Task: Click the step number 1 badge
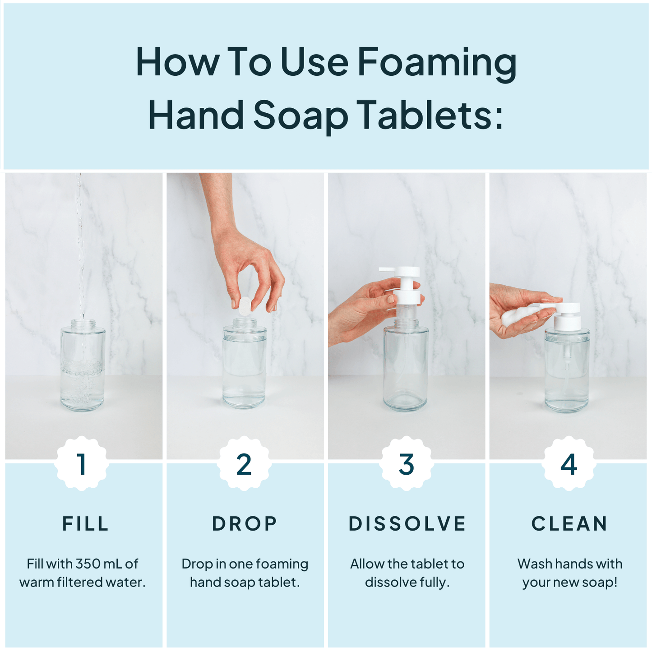click(82, 464)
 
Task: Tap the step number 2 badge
click(244, 464)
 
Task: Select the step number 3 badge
click(407, 464)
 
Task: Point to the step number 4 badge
click(569, 464)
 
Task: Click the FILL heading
click(85, 523)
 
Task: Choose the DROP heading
click(245, 523)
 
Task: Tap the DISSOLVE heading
click(407, 523)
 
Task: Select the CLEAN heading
click(569, 523)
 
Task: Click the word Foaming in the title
click(437, 63)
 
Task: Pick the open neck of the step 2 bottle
click(244, 323)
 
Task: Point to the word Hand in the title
click(196, 115)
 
